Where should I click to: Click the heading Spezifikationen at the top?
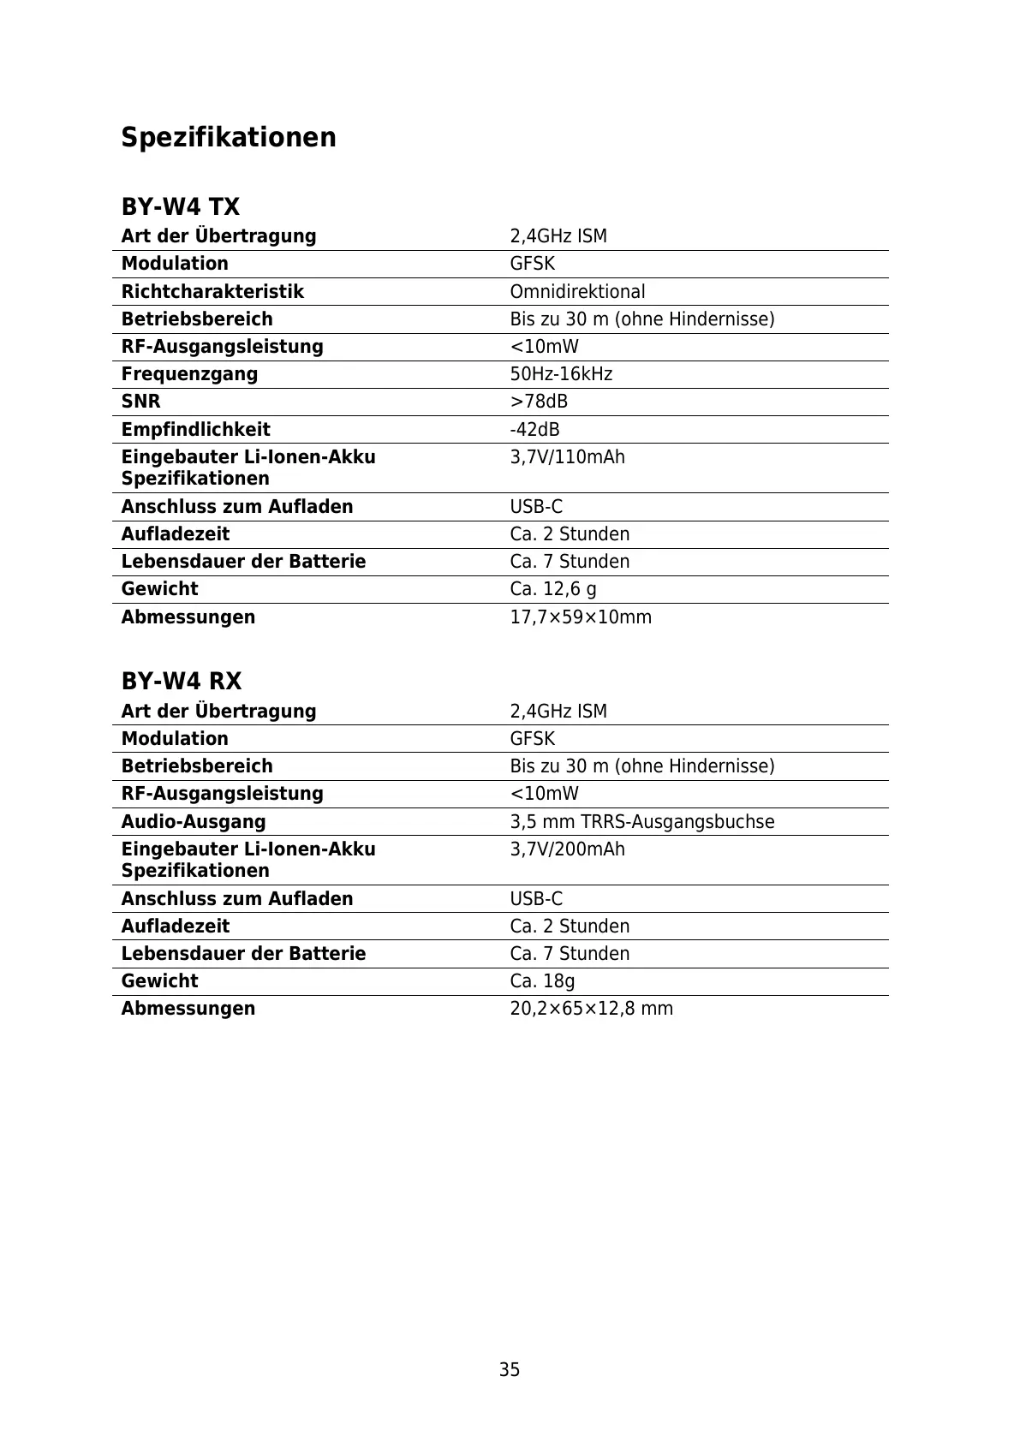(229, 138)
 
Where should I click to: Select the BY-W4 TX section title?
(181, 207)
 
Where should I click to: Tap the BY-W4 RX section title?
(182, 682)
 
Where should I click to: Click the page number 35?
(510, 1370)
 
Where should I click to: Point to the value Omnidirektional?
(577, 292)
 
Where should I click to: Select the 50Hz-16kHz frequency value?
(561, 374)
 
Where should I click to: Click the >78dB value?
(539, 402)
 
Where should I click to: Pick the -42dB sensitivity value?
(534, 430)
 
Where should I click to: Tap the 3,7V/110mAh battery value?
(567, 457)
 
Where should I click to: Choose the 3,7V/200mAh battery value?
(567, 849)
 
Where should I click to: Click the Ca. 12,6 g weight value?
(553, 589)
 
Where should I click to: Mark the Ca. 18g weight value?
(542, 981)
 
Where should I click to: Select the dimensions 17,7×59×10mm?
(581, 617)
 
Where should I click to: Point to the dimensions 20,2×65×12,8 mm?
(591, 1009)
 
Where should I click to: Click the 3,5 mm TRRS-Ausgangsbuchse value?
(641, 822)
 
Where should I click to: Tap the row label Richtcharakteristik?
(212, 292)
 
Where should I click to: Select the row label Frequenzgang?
(189, 374)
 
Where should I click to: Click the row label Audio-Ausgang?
(194, 822)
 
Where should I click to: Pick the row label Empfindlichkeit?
(195, 430)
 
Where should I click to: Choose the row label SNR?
(140, 402)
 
